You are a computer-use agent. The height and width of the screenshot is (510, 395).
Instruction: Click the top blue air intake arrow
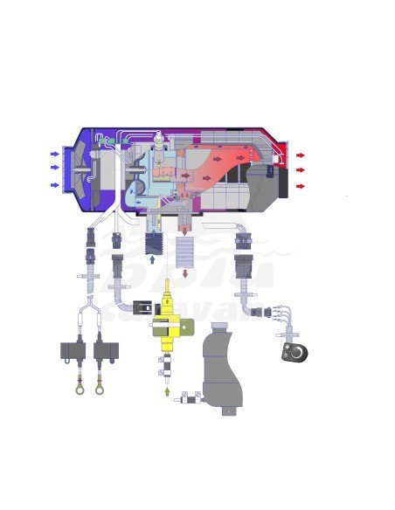tap(55, 155)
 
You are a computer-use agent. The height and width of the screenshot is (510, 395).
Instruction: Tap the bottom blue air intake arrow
tap(55, 185)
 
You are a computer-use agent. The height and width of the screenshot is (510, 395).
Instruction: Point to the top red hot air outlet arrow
tap(300, 155)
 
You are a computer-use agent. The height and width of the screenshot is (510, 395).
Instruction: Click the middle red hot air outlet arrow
tap(300, 170)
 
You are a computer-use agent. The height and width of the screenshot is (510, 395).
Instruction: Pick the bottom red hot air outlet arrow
tap(300, 186)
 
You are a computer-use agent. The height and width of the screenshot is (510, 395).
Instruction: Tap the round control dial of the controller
tap(296, 352)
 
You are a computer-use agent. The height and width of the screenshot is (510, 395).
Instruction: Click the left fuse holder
tap(73, 351)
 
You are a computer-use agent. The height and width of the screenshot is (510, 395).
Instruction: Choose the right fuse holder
tap(106, 351)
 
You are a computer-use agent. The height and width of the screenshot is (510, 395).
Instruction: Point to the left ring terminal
tap(80, 389)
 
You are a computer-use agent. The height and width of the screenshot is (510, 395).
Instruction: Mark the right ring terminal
tap(100, 389)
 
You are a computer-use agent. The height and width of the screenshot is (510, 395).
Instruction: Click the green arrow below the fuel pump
tap(167, 391)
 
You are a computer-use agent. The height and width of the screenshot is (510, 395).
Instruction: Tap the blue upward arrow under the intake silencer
tap(152, 259)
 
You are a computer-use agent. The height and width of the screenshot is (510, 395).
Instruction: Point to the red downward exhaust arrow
tap(184, 274)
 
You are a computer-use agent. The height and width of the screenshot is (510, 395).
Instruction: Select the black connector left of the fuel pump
tap(142, 307)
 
